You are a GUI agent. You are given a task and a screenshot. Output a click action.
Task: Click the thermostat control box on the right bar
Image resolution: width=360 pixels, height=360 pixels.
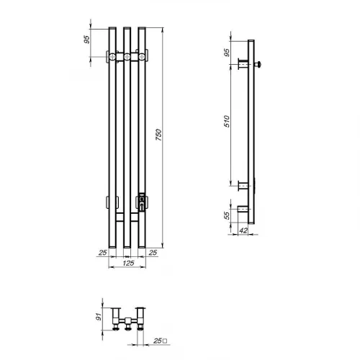tap(142, 200)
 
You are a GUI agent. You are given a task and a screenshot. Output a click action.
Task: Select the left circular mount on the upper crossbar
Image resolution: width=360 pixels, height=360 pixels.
tap(111, 56)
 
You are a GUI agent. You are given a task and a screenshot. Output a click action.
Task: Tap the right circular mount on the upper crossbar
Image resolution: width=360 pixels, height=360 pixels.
tap(142, 56)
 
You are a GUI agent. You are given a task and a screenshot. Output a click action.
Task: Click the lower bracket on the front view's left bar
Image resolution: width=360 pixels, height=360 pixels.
tap(111, 200)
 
